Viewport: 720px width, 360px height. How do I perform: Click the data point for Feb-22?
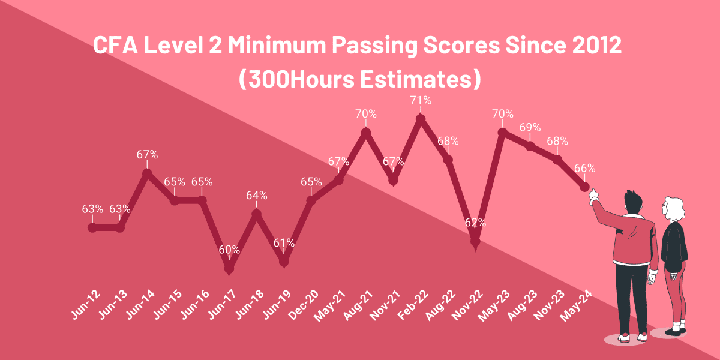(421, 119)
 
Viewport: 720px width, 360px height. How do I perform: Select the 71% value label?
(421, 100)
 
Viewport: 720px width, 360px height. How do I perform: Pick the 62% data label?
(475, 223)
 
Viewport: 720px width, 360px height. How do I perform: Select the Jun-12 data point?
(92, 227)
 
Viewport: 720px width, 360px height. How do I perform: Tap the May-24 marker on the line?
(584, 187)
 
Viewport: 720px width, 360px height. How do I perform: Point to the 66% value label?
(584, 168)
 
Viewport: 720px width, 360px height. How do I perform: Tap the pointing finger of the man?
(594, 192)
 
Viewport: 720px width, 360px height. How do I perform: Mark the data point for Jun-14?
(147, 173)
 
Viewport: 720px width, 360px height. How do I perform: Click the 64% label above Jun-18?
(257, 195)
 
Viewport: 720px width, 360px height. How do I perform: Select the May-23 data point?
(503, 132)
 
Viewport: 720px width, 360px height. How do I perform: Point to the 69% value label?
(530, 127)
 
